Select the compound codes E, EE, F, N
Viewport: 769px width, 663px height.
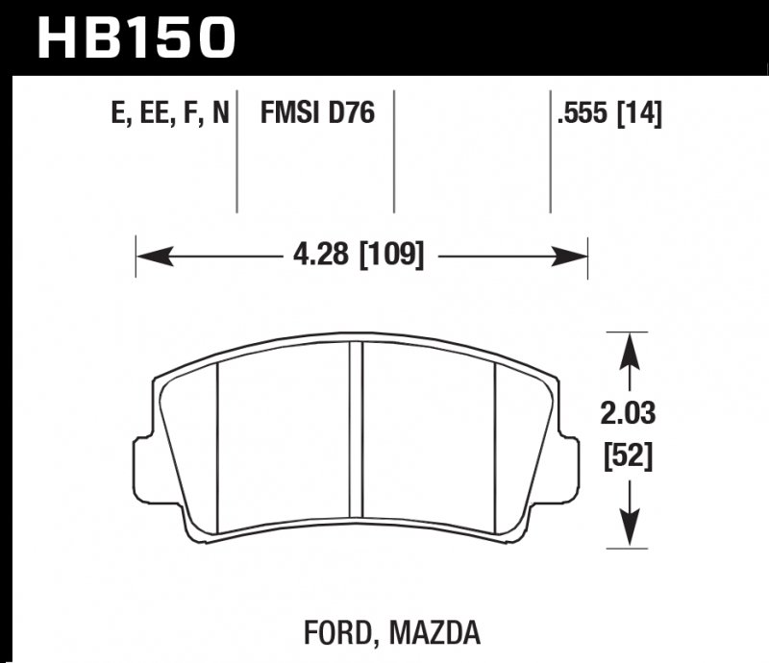(x=169, y=115)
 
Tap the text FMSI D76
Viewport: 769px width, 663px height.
(x=316, y=115)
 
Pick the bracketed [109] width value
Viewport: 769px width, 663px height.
(x=391, y=256)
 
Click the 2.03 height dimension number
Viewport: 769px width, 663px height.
(x=630, y=415)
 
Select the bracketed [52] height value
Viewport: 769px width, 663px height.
(x=630, y=457)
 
